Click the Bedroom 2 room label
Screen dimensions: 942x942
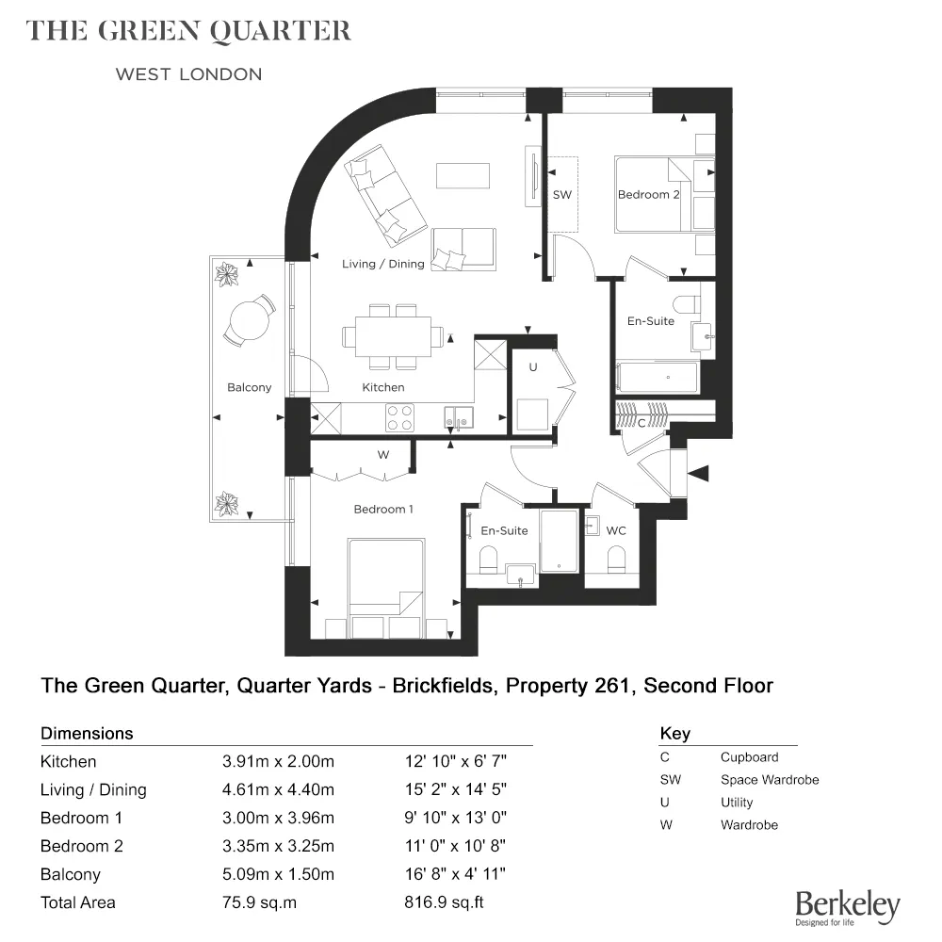(648, 195)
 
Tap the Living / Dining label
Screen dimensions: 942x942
(382, 265)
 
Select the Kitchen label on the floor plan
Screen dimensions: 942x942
(383, 387)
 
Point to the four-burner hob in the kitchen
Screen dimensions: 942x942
(399, 414)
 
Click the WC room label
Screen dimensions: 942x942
(616, 531)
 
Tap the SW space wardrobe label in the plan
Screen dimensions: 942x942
(562, 195)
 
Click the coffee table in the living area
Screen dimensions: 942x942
(463, 175)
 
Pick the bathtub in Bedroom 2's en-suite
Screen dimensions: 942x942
(658, 378)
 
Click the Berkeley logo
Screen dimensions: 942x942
(847, 907)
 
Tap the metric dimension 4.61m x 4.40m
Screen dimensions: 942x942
(277, 789)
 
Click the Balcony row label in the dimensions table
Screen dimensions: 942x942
(71, 874)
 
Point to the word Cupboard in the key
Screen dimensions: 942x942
(749, 757)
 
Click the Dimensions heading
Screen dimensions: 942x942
(87, 733)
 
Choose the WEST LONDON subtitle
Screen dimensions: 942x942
(188, 74)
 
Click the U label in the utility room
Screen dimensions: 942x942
(533, 367)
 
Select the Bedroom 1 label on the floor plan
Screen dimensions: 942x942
(383, 510)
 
